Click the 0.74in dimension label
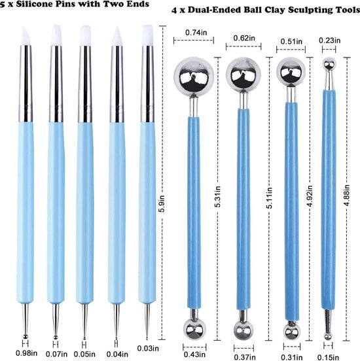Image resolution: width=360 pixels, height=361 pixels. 196,33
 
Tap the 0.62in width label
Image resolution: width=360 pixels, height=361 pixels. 244,38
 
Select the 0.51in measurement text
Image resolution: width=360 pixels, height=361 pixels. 291,41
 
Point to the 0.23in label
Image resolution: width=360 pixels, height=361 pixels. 330,41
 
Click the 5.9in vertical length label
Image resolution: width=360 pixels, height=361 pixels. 162,203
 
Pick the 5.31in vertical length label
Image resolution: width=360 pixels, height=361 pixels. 218,196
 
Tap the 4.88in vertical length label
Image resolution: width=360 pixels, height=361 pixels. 348,195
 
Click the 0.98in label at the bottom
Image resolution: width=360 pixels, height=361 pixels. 26,353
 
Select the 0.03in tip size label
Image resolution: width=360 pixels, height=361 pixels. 148,348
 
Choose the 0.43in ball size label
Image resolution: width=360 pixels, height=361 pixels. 194,354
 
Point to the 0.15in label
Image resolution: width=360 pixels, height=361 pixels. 328,357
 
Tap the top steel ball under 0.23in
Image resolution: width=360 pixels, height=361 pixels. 329,65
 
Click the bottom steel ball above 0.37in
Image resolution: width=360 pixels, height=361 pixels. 243,330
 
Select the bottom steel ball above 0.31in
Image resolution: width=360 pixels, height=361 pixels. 292,332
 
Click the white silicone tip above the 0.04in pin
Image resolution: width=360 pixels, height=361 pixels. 117,37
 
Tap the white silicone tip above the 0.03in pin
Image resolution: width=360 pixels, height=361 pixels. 147,35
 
